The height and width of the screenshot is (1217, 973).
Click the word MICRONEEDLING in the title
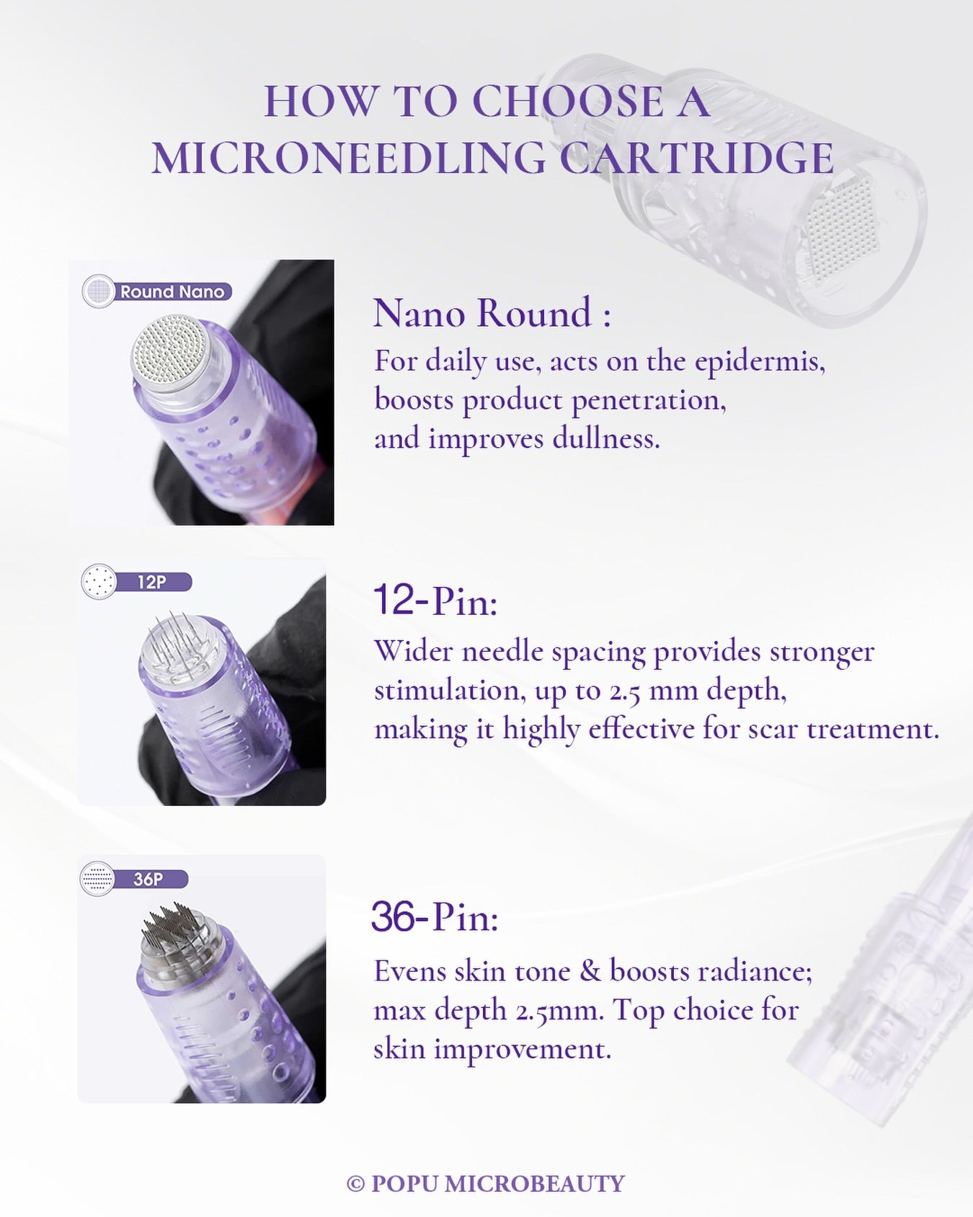(349, 158)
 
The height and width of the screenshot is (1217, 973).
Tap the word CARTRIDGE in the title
(697, 158)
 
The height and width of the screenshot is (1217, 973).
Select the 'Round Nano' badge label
(172, 292)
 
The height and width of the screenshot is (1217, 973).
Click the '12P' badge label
(152, 582)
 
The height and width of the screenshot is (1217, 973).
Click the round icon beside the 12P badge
(99, 581)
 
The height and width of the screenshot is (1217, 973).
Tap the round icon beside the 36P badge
(97, 879)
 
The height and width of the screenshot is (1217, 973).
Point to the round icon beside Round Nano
(99, 292)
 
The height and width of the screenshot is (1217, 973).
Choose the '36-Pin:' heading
(435, 916)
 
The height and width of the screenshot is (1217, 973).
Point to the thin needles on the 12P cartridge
(175, 639)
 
